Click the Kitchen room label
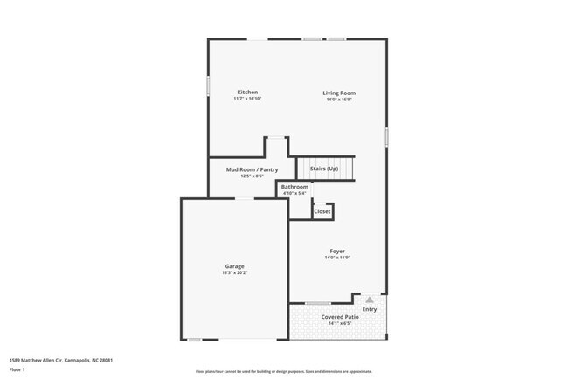click(x=247, y=93)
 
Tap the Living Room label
click(x=339, y=93)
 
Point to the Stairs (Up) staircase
click(x=326, y=168)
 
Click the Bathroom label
click(x=294, y=187)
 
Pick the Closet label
click(x=322, y=211)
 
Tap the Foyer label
click(x=337, y=252)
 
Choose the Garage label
click(x=234, y=266)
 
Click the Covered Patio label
click(x=339, y=317)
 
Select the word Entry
click(x=370, y=309)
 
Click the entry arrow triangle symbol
click(x=370, y=300)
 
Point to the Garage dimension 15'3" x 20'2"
click(x=234, y=273)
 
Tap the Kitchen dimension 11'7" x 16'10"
click(x=247, y=100)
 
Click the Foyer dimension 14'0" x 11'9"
click(x=337, y=258)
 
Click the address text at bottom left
click(x=60, y=359)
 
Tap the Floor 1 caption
click(x=17, y=370)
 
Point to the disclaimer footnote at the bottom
click(x=283, y=371)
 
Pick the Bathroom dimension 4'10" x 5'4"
click(x=294, y=194)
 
